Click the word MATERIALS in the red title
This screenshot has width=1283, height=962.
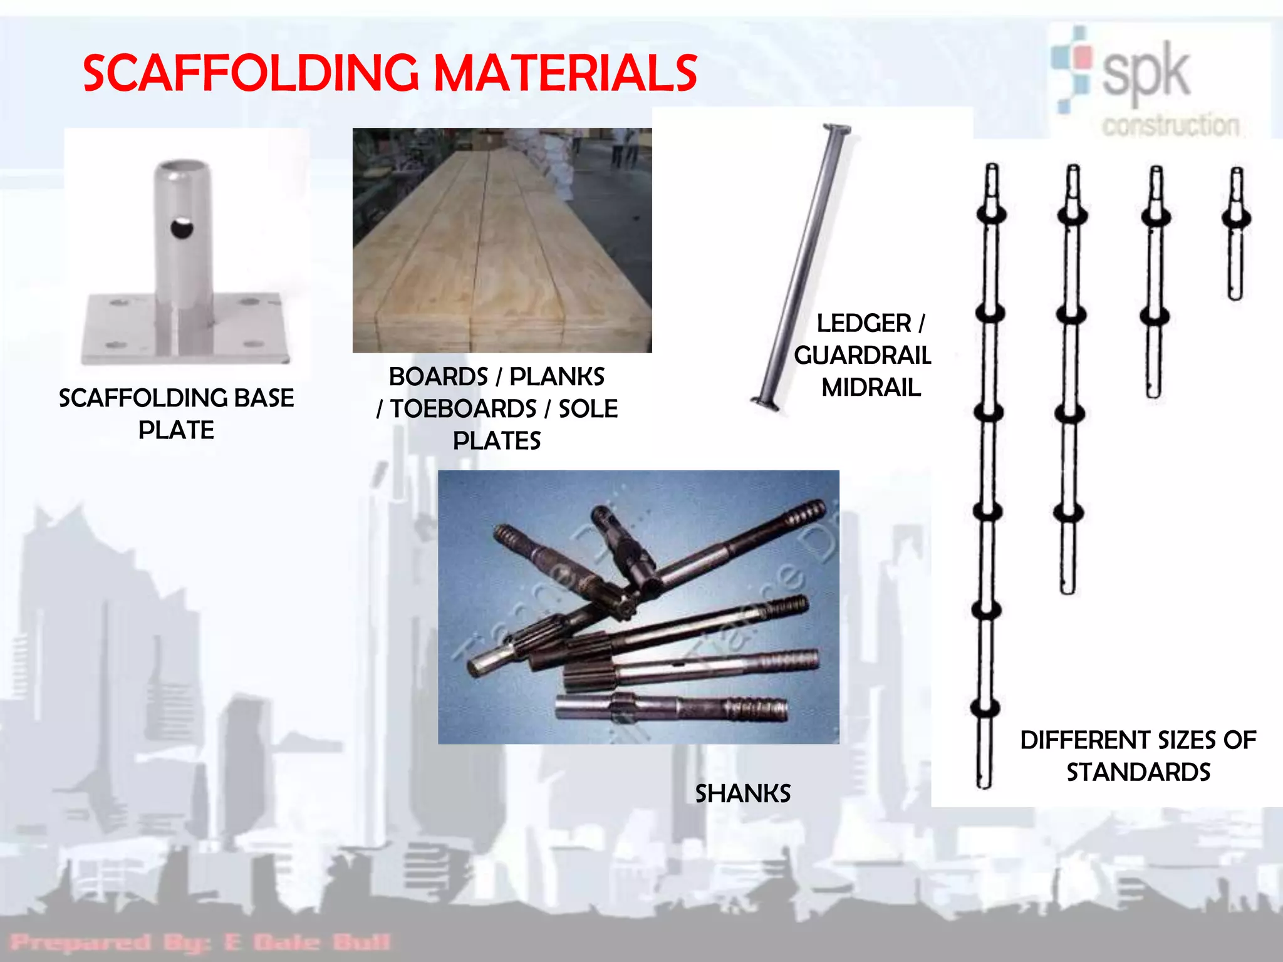tap(565, 73)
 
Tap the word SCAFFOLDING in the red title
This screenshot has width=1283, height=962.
tap(251, 73)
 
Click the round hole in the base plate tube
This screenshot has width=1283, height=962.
tap(182, 228)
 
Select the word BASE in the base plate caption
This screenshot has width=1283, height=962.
tap(264, 398)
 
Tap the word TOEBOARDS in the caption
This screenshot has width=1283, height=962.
tap(463, 409)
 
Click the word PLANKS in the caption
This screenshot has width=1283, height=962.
tap(557, 377)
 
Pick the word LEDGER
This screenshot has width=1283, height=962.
tap(863, 324)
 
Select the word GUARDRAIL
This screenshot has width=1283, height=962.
tap(863, 356)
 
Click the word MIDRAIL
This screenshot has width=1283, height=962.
tap(871, 388)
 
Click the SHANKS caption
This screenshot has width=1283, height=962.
tap(743, 794)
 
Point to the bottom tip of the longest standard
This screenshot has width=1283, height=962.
tap(984, 783)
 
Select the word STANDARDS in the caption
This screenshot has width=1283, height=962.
tap(1138, 772)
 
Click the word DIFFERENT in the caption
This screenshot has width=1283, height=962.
tap(1086, 740)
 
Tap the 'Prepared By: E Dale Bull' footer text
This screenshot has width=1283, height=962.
tap(200, 942)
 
